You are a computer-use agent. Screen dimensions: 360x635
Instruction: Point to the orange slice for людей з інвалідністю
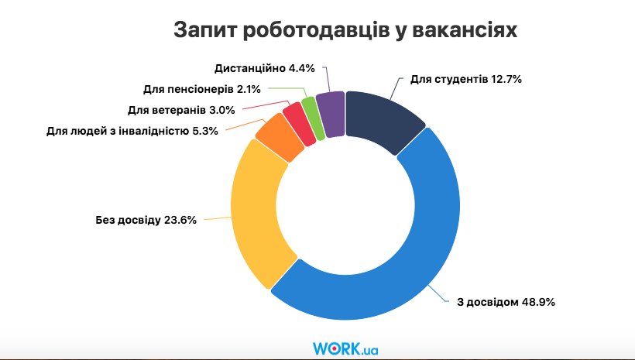[276, 139]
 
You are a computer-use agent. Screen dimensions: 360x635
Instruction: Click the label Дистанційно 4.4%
[264, 68]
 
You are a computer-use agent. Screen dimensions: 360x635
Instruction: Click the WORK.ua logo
[345, 348]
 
